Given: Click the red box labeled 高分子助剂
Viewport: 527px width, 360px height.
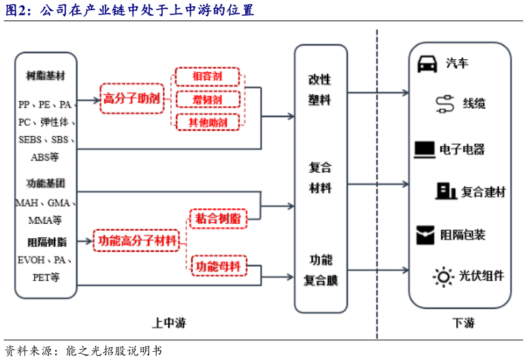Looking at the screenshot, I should click(131, 98).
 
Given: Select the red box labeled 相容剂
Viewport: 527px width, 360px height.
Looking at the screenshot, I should click(208, 76).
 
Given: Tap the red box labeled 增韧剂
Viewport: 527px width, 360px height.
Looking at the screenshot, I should click(208, 99).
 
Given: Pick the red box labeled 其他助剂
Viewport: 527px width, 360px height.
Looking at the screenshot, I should click(208, 122).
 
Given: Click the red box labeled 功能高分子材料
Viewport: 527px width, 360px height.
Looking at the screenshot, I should click(137, 240).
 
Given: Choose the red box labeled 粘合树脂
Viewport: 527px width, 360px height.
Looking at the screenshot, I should click(217, 218).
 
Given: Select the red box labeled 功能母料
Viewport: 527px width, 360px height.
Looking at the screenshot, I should click(217, 265).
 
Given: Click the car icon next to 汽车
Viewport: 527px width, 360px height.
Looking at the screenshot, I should click(426, 63).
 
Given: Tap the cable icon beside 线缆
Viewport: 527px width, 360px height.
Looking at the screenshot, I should click(444, 103).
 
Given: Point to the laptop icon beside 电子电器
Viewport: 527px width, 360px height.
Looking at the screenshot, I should click(424, 148).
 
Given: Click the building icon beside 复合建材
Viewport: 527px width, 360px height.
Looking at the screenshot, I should click(446, 191).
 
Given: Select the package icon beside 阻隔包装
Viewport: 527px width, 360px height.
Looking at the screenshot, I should click(425, 235).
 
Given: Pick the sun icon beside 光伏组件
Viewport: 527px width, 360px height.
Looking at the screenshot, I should click(443, 276).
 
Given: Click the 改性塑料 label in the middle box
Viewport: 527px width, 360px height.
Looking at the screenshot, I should click(319, 89).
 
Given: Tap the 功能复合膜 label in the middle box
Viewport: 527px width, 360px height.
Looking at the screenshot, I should click(319, 269).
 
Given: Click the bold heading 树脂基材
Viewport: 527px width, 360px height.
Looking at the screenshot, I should click(46, 74).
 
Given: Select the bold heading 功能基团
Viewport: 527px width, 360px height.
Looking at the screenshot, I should click(46, 184).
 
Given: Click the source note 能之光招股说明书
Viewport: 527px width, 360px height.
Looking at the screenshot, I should click(113, 351).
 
